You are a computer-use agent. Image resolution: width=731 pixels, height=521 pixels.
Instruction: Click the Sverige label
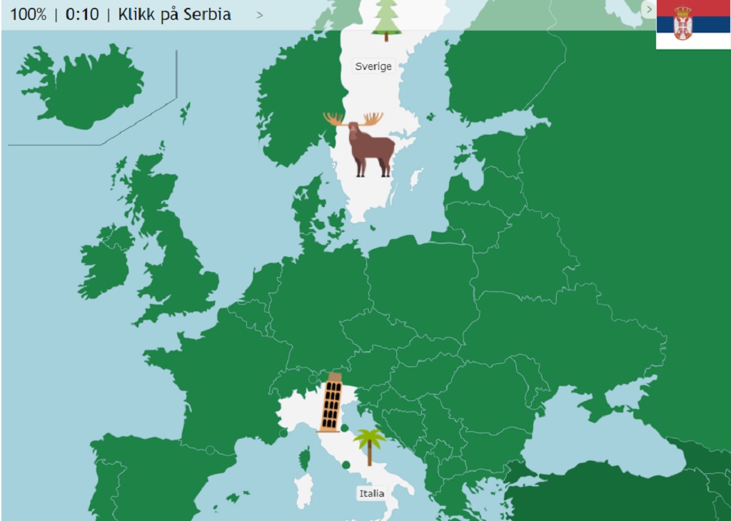pos(373,66)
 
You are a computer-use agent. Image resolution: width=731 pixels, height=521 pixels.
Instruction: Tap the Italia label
pos(371,493)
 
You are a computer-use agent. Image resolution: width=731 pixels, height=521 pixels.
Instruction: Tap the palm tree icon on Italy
pos(369,446)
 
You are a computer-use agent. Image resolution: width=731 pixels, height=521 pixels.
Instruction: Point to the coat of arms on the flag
pos(682,23)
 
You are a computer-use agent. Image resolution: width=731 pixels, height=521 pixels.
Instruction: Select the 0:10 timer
pos(82,14)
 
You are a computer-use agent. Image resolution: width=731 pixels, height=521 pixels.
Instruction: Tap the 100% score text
pos(29,14)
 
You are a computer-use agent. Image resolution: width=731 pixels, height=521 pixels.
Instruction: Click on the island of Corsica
pos(305,457)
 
